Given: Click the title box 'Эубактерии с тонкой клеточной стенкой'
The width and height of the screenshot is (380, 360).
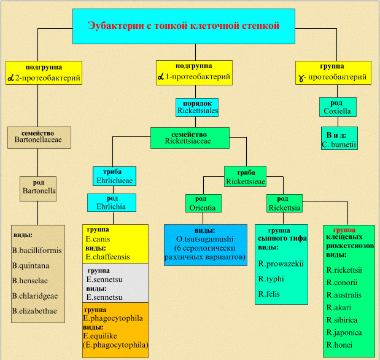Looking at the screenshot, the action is (184, 26).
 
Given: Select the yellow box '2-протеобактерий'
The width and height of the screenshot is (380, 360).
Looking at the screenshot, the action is (44, 72).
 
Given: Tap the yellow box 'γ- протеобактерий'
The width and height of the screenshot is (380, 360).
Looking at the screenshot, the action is (333, 72).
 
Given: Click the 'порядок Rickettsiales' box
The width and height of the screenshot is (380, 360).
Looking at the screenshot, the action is (197, 108).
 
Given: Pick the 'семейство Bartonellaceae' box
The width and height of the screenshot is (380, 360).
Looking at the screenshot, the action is (39, 138).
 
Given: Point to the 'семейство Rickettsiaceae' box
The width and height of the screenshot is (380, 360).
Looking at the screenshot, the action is (190, 138).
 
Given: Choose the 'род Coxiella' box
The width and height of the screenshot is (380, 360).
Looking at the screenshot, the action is (338, 107).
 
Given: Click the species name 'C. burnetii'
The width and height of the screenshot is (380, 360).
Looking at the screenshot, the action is (339, 144).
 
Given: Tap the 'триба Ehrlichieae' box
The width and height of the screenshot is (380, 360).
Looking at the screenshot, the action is (114, 176).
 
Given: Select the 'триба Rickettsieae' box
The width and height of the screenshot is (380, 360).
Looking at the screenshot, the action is (246, 176).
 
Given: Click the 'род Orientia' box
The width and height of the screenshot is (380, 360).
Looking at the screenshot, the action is (203, 203).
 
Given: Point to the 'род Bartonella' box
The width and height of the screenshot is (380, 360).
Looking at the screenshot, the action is (38, 189).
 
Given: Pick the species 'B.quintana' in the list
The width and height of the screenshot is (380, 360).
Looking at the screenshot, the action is (31, 265).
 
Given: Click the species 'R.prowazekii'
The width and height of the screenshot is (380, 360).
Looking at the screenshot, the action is (281, 264).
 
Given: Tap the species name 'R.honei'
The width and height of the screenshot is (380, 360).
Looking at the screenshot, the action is (339, 345).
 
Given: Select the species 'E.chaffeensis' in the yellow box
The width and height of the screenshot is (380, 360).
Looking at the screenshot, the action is (108, 257).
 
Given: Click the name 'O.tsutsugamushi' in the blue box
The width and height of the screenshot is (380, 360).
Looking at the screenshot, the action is (205, 239).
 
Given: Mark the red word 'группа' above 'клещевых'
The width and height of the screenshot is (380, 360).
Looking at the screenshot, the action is (344, 230).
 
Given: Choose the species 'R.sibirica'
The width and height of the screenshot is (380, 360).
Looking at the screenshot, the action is (342, 320).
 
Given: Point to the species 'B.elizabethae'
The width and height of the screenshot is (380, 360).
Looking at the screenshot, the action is (34, 311).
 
